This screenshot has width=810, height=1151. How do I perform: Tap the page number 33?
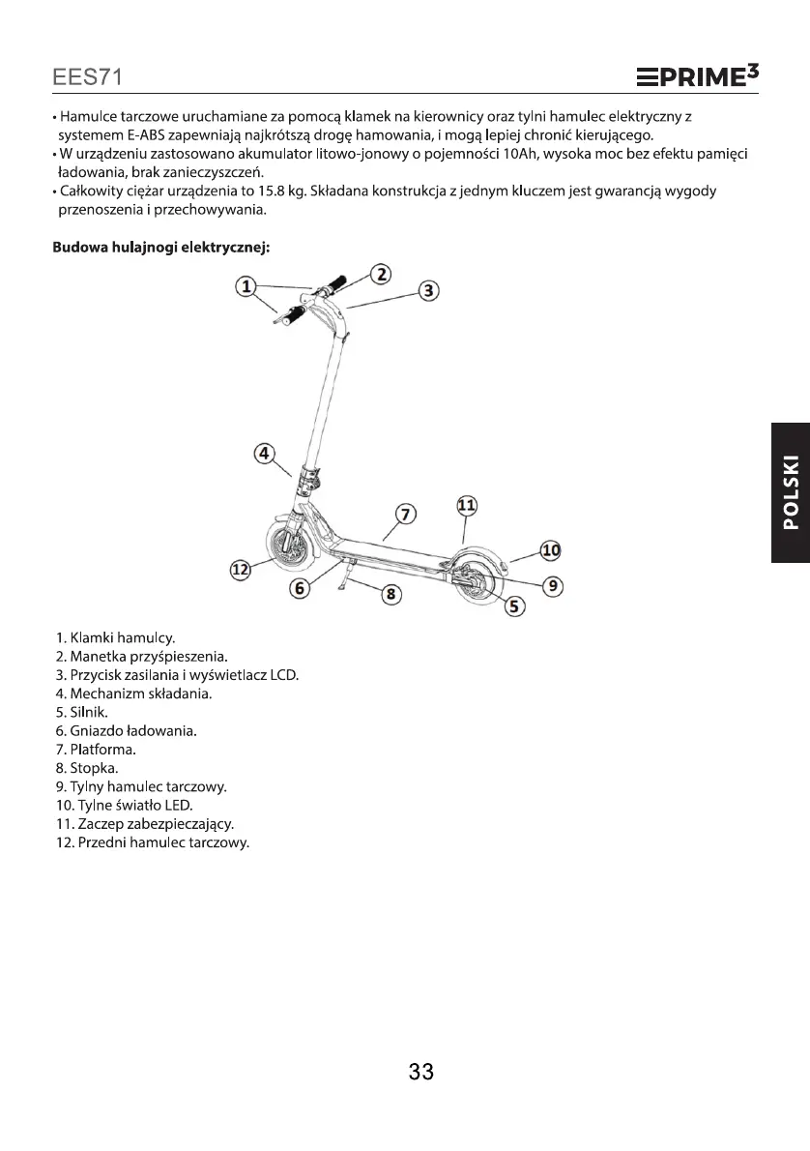pyautogui.click(x=420, y=1072)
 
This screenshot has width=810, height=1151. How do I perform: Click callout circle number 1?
pyautogui.click(x=246, y=286)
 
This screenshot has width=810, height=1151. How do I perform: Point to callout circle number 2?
pyautogui.click(x=382, y=274)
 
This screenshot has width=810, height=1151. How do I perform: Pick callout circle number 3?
pyautogui.click(x=429, y=290)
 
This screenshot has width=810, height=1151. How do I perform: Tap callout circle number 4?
pyautogui.click(x=264, y=453)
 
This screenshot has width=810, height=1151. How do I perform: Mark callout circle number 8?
pyautogui.click(x=391, y=594)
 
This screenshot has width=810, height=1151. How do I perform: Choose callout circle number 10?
pyautogui.click(x=550, y=550)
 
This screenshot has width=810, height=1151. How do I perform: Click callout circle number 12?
pyautogui.click(x=240, y=570)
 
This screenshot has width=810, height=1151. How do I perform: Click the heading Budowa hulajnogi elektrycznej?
pyautogui.click(x=160, y=247)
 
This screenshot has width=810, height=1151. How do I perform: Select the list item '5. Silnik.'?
pyautogui.click(x=85, y=712)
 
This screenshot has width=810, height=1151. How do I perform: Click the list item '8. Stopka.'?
pyautogui.click(x=87, y=768)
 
